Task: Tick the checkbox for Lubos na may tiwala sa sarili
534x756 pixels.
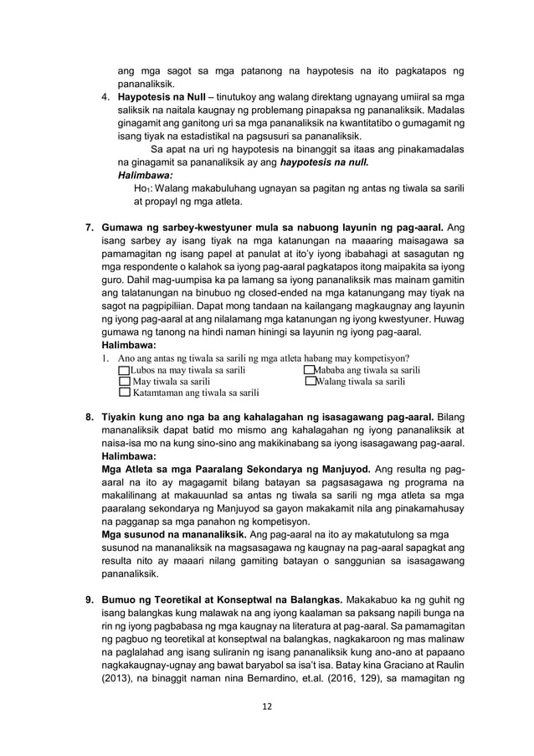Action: click(x=126, y=370)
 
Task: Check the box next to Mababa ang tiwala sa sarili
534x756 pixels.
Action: click(x=310, y=370)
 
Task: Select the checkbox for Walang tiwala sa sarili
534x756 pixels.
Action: click(x=310, y=381)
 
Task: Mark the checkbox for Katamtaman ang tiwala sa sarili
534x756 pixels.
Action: click(x=126, y=392)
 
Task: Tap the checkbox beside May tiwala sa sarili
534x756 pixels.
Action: click(x=126, y=381)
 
